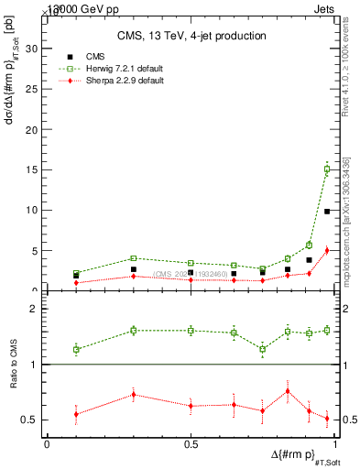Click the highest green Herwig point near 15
(x=327, y=169)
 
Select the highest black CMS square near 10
(x=327, y=211)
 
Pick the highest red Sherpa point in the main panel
(x=327, y=249)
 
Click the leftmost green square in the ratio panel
(x=76, y=349)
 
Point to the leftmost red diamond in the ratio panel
(x=76, y=414)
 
